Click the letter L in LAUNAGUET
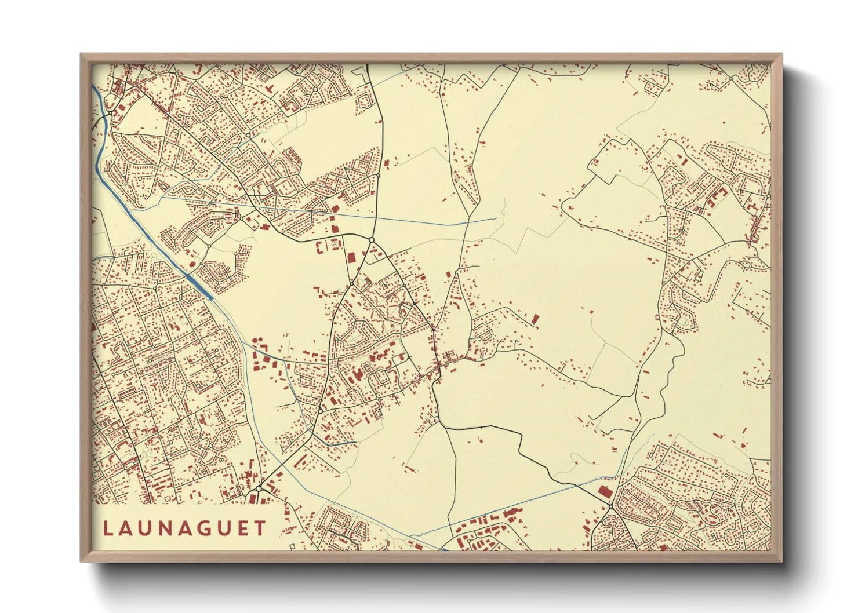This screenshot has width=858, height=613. click(108, 528)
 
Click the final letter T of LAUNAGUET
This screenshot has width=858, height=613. click(261, 528)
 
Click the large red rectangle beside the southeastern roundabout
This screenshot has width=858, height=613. click(605, 492)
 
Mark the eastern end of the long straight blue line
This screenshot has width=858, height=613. click(496, 219)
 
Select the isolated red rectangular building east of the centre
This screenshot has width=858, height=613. click(536, 319)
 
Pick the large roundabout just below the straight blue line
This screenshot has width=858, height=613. click(371, 239)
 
